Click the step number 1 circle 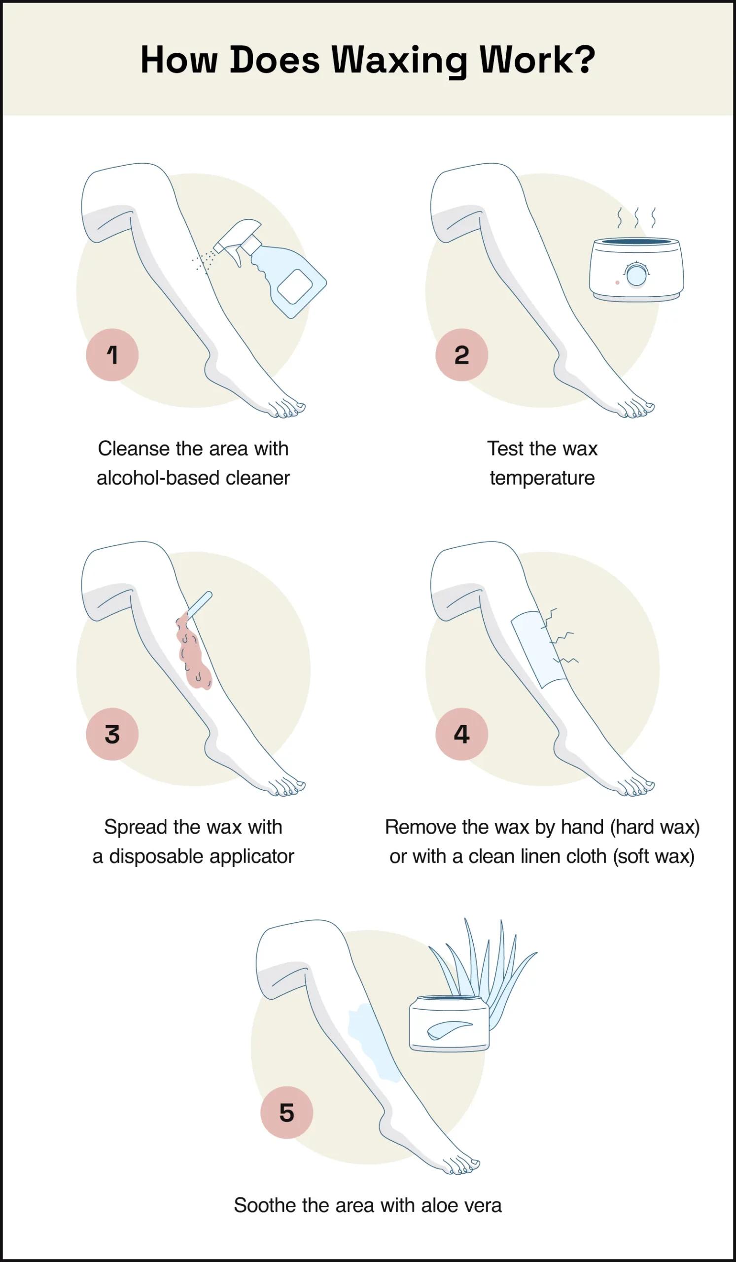point(112,354)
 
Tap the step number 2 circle point(461,354)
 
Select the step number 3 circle point(112,734)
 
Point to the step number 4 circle point(461,734)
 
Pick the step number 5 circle point(286,1112)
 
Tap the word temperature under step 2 point(542,478)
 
